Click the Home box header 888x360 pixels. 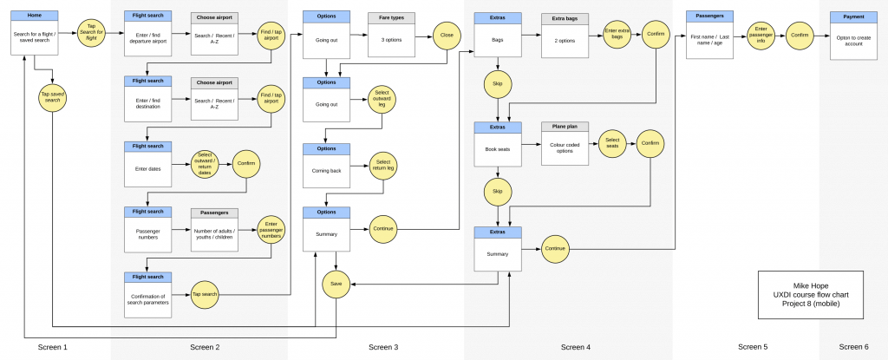point(36,16)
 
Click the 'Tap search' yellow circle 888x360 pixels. point(206,294)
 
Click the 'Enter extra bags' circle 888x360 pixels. point(617,36)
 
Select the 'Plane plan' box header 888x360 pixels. point(565,127)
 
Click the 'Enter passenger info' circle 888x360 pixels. point(761,35)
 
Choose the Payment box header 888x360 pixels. point(852,16)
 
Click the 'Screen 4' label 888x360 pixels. point(575,347)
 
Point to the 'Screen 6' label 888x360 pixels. point(853,347)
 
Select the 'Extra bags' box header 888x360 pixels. point(565,18)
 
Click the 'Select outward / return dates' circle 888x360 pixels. point(206,164)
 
